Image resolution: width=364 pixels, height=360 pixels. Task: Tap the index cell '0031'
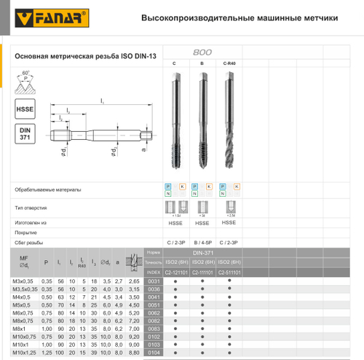[154, 281]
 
